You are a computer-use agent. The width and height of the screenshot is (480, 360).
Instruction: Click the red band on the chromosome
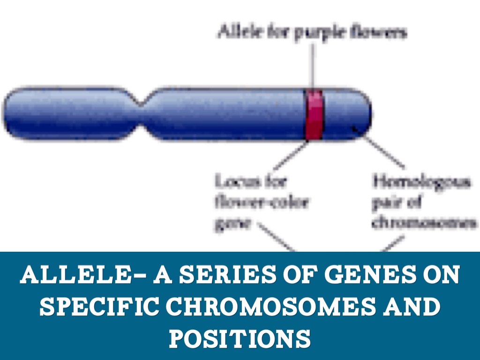click(314, 115)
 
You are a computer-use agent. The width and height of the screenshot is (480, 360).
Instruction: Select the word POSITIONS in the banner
click(240, 338)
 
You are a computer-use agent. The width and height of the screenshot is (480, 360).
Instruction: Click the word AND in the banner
click(415, 307)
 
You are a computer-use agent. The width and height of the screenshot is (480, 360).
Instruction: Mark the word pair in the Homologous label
click(383, 202)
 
